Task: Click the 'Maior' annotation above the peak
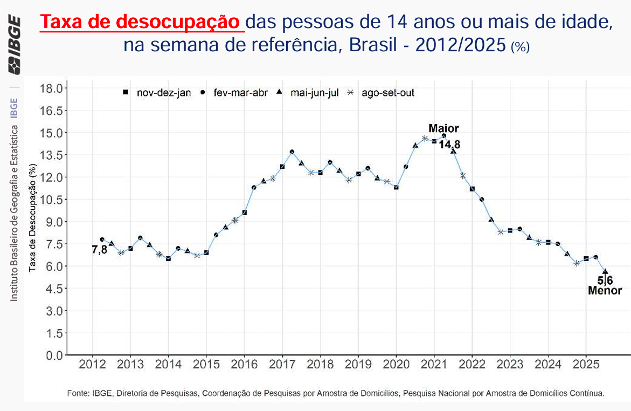pos(443,128)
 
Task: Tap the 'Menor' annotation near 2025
pos(605,291)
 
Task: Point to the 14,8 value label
pos(449,145)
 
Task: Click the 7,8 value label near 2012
pos(100,249)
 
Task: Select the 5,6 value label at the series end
pos(605,280)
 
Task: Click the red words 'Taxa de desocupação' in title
pos(142,23)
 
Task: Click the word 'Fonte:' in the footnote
pos(79,393)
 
